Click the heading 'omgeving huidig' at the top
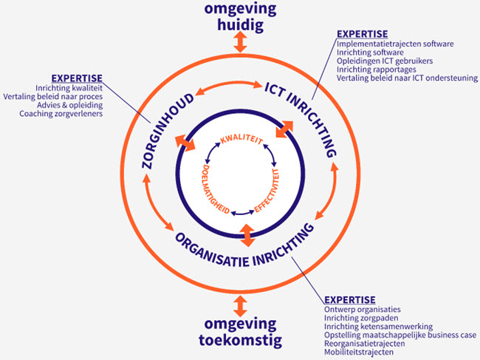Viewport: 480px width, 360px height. tap(239, 16)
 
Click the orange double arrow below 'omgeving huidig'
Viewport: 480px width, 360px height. tap(239, 42)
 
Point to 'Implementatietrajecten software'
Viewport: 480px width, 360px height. tap(394, 44)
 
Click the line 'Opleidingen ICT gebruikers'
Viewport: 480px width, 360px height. tap(384, 61)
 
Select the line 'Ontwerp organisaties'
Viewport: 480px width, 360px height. tap(362, 309)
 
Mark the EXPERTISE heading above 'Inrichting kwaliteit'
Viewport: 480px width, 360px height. tap(77, 78)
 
